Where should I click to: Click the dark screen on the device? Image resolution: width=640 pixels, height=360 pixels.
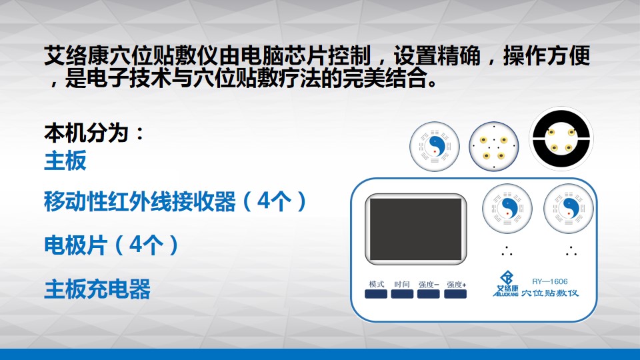tap(415, 229)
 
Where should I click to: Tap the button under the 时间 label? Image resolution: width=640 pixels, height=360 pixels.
tap(402, 294)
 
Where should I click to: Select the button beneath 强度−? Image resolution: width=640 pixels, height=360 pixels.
tap(428, 294)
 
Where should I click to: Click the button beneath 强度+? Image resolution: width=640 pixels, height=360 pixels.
tap(455, 294)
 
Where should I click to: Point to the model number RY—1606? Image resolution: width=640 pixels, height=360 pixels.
tap(550, 281)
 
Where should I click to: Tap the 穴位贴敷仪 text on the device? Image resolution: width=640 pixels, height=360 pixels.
tap(550, 293)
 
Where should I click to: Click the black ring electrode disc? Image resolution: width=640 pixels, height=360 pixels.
tap(561, 139)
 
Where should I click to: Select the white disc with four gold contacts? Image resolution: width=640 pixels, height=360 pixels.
tap(494, 147)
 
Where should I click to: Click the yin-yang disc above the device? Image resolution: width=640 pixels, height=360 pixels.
tap(435, 147)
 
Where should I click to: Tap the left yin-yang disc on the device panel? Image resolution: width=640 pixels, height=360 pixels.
tap(507, 209)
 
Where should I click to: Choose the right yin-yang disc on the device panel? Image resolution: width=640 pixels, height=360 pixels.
tap(569, 209)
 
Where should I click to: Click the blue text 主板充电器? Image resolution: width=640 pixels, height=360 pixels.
tap(97, 289)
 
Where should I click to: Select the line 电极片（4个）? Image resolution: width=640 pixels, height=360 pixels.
tap(111, 245)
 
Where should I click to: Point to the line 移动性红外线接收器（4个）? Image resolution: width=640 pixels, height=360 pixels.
tap(175, 201)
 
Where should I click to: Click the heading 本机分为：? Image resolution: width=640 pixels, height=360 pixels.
tap(94, 133)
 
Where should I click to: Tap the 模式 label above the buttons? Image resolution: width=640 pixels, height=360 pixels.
tap(376, 284)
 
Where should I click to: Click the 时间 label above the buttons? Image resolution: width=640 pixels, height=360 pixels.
tap(402, 284)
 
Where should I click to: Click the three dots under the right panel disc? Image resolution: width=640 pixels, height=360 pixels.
tap(571, 251)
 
